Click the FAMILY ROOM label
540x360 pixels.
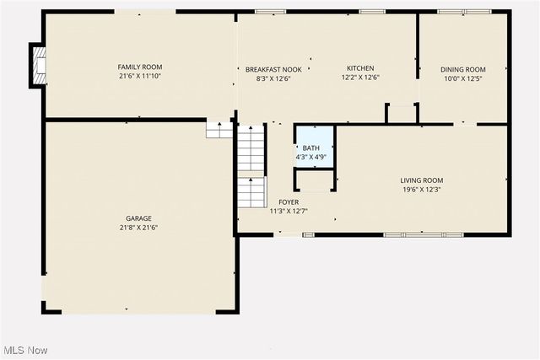click(x=139, y=67)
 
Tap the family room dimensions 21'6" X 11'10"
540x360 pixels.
click(x=139, y=77)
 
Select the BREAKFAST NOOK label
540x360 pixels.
click(x=267, y=68)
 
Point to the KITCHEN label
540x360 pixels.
click(x=360, y=68)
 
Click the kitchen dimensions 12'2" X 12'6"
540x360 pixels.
click(x=360, y=78)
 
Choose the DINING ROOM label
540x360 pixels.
click(x=463, y=69)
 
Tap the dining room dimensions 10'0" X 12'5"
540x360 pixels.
click(x=463, y=79)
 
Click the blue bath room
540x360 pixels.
click(x=314, y=146)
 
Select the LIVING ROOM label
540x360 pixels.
click(x=421, y=180)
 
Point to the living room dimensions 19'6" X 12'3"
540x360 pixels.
click(x=421, y=190)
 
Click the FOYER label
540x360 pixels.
click(x=288, y=202)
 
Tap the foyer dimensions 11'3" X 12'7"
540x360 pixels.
click(x=288, y=212)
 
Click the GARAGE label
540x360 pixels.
click(x=139, y=218)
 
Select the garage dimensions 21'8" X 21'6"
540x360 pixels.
click(x=139, y=228)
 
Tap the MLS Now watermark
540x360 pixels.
click(x=24, y=350)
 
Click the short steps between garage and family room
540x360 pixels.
click(x=219, y=129)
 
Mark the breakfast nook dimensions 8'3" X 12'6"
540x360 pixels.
click(x=267, y=78)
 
